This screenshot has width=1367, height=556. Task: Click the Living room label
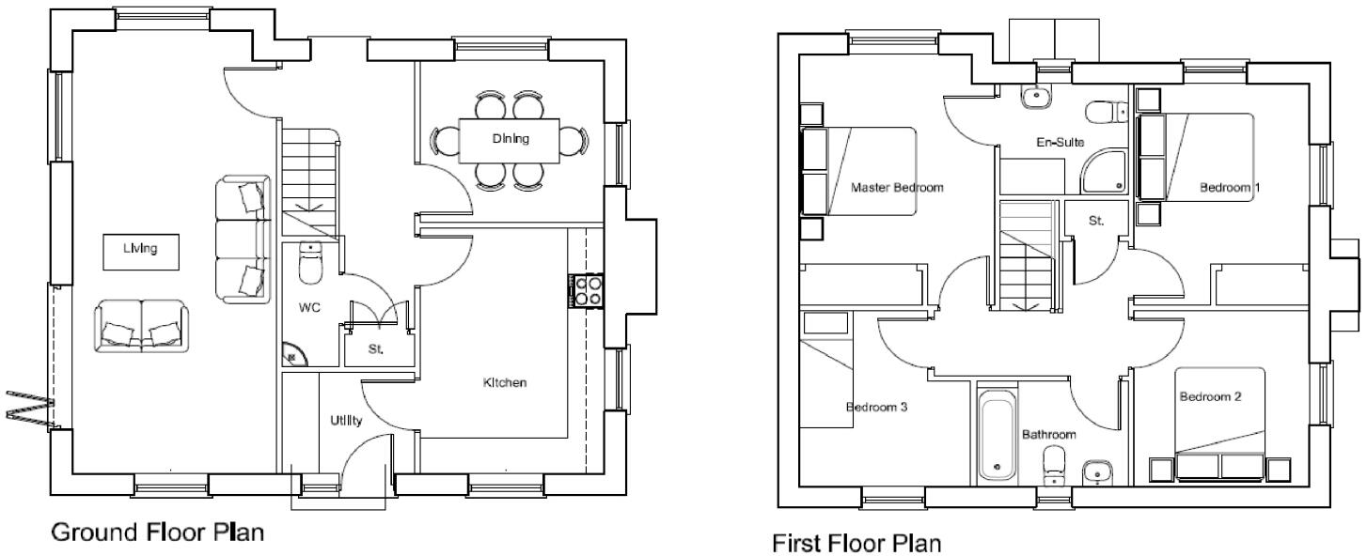point(139,249)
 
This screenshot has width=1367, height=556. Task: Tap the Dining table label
point(511,139)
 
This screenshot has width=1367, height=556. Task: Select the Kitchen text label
point(504,383)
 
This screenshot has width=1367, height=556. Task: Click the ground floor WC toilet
point(310,265)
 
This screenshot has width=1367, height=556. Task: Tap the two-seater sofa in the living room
point(139,326)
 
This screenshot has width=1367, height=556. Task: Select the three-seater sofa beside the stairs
point(243,239)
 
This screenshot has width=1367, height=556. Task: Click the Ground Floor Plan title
point(156,533)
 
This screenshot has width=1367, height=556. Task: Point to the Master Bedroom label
point(896,187)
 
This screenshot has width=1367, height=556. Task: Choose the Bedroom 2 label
point(1210,396)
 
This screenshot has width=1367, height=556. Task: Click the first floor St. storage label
point(1095,222)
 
